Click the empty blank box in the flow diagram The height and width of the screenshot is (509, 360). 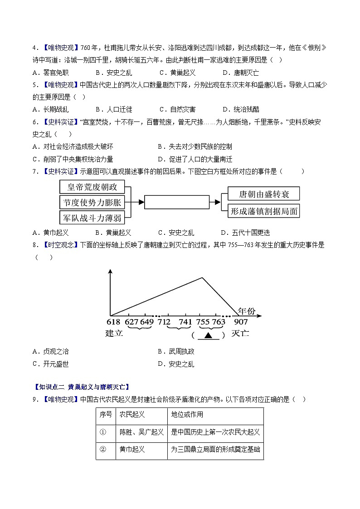(176, 202)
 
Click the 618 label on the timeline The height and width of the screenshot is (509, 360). (113, 322)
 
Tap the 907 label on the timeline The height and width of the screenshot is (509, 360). (241, 322)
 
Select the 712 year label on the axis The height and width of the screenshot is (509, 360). (164, 322)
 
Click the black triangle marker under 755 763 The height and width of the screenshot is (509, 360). (208, 335)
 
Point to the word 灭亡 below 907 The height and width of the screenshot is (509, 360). (240, 334)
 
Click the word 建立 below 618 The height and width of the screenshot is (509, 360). (114, 334)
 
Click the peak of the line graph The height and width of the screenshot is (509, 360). (202, 277)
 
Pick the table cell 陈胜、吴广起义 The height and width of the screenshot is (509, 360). (141, 432)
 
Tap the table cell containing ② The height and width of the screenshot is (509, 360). (102, 449)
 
